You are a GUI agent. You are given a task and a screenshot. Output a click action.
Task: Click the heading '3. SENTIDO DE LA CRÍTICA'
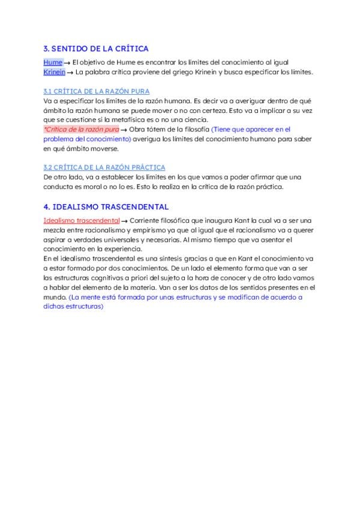(x=96, y=49)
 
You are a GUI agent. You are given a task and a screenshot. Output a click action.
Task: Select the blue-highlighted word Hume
(x=53, y=62)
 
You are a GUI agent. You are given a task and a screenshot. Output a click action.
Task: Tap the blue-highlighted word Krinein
(x=55, y=72)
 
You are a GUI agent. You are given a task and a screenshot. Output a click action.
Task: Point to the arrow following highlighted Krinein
(x=70, y=73)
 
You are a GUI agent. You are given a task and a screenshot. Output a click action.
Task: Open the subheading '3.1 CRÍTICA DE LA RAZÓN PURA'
(x=88, y=91)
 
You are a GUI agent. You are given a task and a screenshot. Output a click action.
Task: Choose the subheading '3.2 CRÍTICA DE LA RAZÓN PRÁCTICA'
(x=104, y=167)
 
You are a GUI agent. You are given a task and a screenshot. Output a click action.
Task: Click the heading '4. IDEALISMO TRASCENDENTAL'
(x=106, y=206)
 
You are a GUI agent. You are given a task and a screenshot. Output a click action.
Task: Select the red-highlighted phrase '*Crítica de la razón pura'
(x=81, y=129)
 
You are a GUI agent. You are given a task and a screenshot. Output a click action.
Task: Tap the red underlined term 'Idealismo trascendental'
(x=82, y=220)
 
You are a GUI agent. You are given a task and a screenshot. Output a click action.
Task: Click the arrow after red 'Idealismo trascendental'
(x=124, y=221)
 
